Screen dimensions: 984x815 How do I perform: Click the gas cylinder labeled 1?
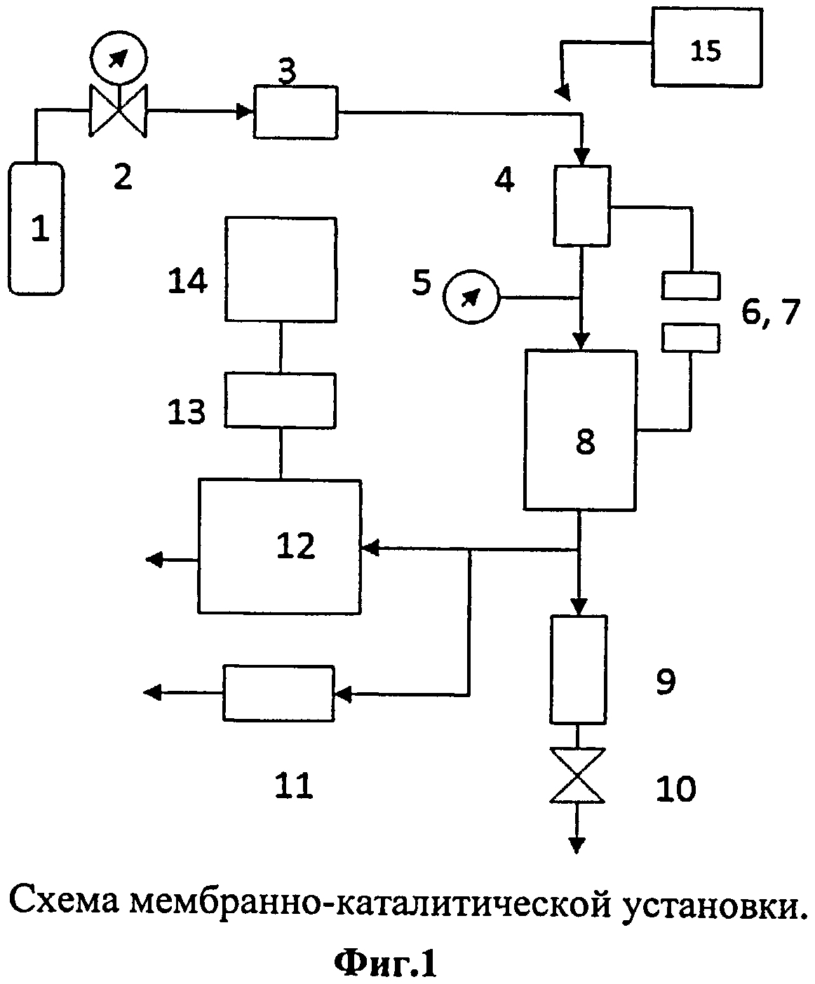[37, 228]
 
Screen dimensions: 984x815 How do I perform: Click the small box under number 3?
[295, 112]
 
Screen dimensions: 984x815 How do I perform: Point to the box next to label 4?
[581, 205]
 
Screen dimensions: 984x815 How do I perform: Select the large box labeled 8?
[580, 429]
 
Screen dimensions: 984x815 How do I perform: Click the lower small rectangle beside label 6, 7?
[690, 337]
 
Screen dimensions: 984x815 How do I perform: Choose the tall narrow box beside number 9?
[578, 669]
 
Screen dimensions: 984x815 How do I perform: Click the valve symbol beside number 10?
[577, 775]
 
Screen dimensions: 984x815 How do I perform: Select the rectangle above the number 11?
[278, 693]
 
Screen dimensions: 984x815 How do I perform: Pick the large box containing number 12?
[280, 546]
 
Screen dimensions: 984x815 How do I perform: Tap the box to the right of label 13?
[280, 400]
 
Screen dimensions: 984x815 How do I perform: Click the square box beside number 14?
[281, 269]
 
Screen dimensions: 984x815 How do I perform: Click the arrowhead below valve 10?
[577, 844]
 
